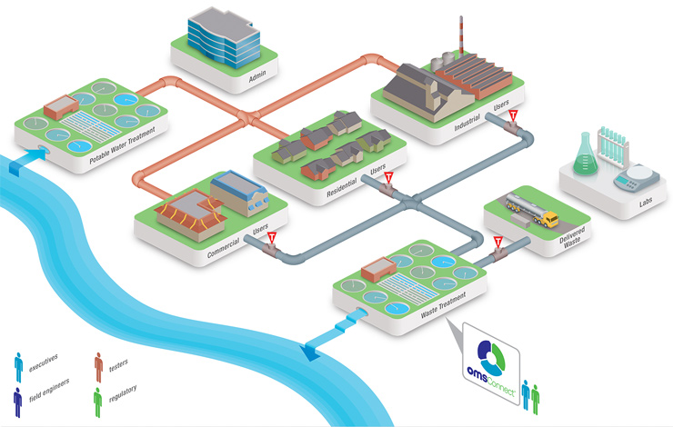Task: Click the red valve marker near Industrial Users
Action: (513, 116)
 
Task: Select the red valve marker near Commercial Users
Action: (271, 238)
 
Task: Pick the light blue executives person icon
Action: (18, 365)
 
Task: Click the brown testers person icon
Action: (98, 365)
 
